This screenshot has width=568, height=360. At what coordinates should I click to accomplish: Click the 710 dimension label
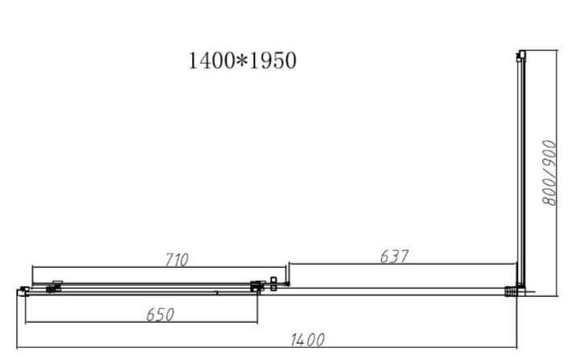pyautogui.click(x=177, y=260)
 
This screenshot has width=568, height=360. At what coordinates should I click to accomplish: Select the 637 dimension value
pyautogui.click(x=394, y=257)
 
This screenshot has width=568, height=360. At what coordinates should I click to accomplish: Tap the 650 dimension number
pyautogui.click(x=160, y=315)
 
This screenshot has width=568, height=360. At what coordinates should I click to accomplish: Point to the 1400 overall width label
pyautogui.click(x=307, y=340)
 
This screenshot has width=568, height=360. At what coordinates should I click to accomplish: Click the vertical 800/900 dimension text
pyautogui.click(x=549, y=173)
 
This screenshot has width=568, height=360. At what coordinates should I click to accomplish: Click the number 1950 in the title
pyautogui.click(x=273, y=61)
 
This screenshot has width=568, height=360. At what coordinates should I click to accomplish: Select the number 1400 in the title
pyautogui.click(x=212, y=61)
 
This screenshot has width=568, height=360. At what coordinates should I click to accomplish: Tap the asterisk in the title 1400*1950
pyautogui.click(x=242, y=61)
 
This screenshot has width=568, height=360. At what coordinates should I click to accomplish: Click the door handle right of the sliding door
pyautogui.click(x=274, y=284)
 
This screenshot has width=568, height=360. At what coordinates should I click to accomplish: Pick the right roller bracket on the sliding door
pyautogui.click(x=257, y=287)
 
